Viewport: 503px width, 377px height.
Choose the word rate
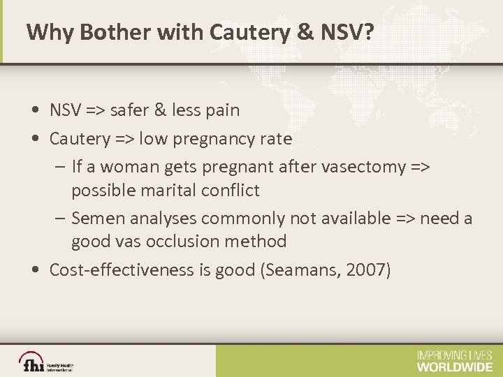[x=275, y=139]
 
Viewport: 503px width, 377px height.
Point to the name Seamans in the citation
[x=300, y=270]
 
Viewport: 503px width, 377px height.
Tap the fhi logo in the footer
[x=34, y=363]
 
